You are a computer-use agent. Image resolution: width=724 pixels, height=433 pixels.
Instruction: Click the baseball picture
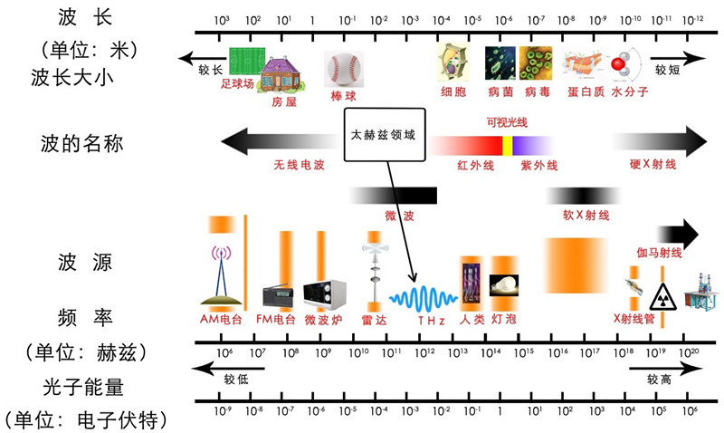coord(343,67)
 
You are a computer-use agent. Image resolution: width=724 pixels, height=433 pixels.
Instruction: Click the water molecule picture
coord(622,66)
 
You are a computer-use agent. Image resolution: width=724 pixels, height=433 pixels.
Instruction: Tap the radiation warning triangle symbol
coord(662,296)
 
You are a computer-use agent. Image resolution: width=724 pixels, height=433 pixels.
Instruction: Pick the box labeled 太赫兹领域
coord(385,135)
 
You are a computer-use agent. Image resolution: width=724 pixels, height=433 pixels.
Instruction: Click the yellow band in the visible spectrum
coord(509,144)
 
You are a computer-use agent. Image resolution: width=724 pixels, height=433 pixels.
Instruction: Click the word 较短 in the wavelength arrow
coord(668,68)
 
